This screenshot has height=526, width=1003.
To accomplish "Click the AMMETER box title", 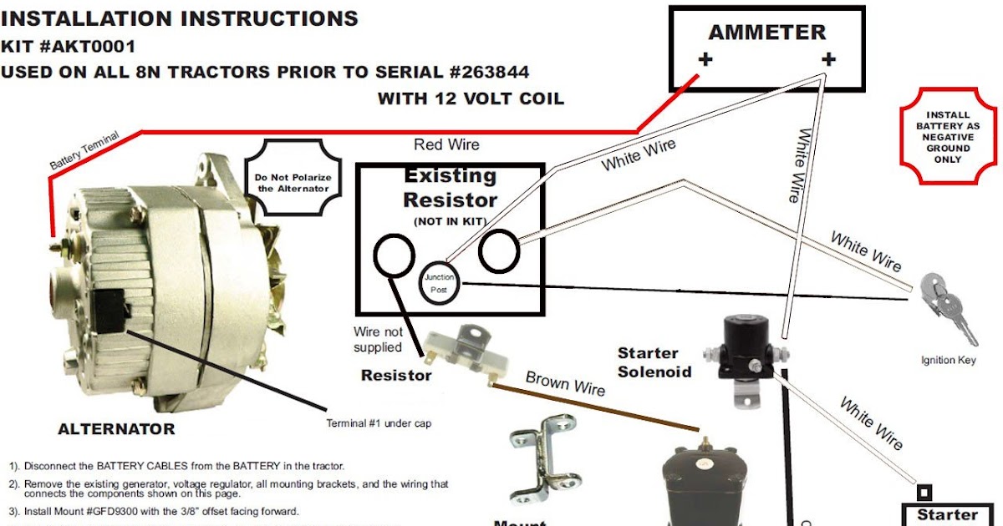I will click(x=766, y=33).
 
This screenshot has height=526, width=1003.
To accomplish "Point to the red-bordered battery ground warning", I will click(x=948, y=136).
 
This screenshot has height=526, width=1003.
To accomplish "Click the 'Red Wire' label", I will click(x=446, y=145).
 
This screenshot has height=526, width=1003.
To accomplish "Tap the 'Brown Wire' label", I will click(x=565, y=382).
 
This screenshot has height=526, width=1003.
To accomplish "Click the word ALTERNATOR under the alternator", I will click(x=116, y=429).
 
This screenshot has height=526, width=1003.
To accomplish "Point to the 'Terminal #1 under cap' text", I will click(x=379, y=423).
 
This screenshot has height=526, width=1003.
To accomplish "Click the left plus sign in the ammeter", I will click(x=705, y=60).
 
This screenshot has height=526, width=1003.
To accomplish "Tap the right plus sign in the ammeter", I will click(x=828, y=60).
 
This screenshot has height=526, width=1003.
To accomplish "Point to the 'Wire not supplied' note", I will click(x=378, y=340).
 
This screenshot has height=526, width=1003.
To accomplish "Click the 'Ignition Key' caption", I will click(x=948, y=361).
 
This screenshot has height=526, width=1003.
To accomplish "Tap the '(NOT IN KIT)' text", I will click(x=450, y=221).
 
